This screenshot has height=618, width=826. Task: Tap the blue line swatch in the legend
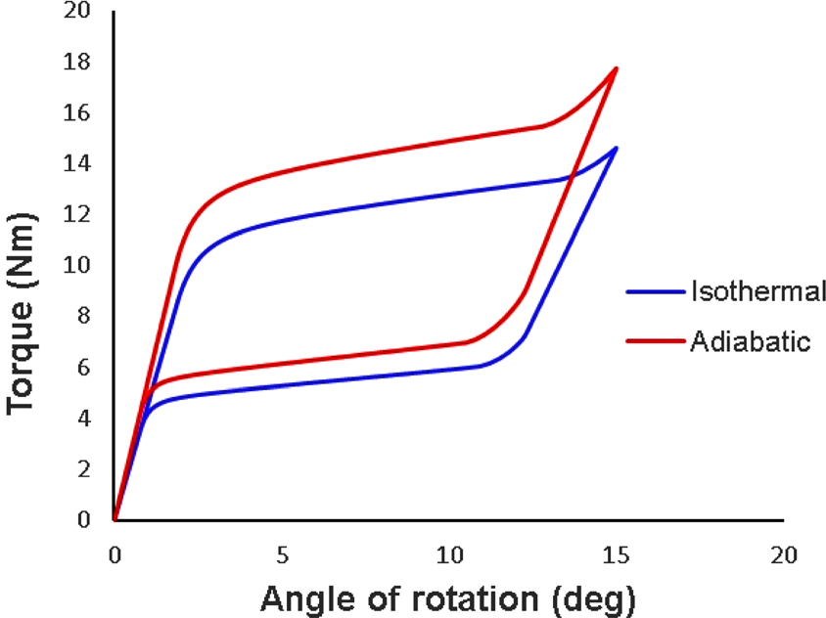click(654, 291)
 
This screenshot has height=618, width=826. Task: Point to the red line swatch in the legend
click(654, 340)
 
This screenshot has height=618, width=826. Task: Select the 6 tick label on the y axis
click(84, 368)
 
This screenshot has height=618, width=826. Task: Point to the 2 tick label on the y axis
click(84, 469)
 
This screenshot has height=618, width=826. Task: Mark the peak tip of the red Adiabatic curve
click(617, 67)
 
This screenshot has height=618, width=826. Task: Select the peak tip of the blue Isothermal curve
click(617, 148)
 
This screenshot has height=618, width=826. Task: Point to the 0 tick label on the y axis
click(84, 520)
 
